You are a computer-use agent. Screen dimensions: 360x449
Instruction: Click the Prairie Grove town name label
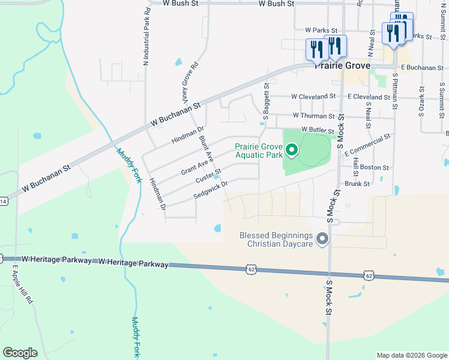(343, 65)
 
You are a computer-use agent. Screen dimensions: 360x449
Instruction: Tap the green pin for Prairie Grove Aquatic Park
(292, 150)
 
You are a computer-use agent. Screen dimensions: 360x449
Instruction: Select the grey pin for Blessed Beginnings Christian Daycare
(322, 239)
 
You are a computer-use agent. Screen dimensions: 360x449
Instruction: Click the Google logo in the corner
(20, 353)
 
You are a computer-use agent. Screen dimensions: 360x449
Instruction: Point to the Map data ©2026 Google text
(411, 355)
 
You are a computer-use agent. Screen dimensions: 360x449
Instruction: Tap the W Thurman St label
(313, 116)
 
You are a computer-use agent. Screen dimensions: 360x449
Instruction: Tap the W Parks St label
(322, 29)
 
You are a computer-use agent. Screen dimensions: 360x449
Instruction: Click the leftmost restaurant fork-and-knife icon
(315, 50)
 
